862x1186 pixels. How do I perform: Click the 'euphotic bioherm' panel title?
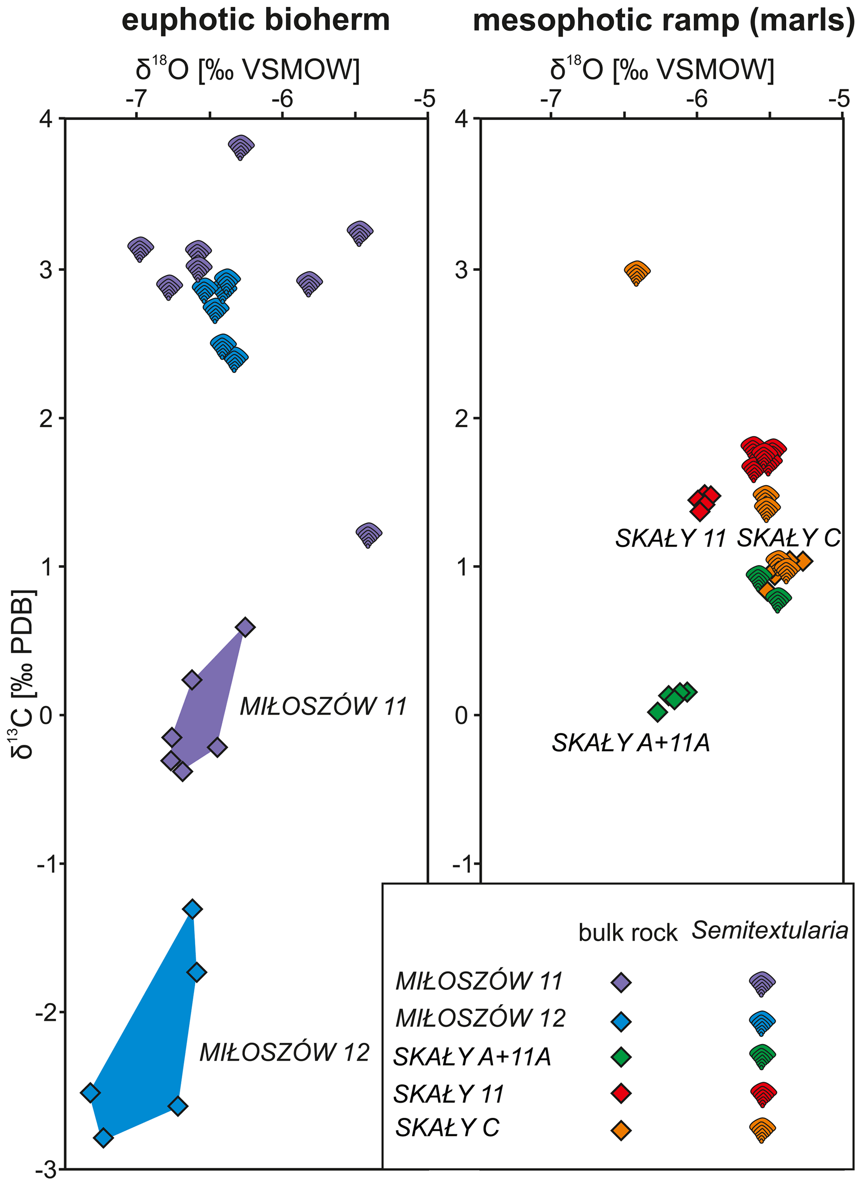pos(256,21)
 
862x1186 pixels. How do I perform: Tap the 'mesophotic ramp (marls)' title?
pos(663,21)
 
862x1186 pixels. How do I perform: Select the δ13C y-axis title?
pos(23,675)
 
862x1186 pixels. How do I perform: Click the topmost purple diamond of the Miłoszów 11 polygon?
pos(245,627)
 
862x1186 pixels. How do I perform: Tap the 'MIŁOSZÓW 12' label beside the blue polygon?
pos(285,1052)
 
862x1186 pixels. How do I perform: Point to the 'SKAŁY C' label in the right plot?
pos(788,538)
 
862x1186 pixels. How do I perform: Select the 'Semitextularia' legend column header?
pos(769,930)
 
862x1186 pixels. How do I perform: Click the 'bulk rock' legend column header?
pos(628,932)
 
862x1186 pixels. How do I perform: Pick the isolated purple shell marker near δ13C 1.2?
pos(369,534)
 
